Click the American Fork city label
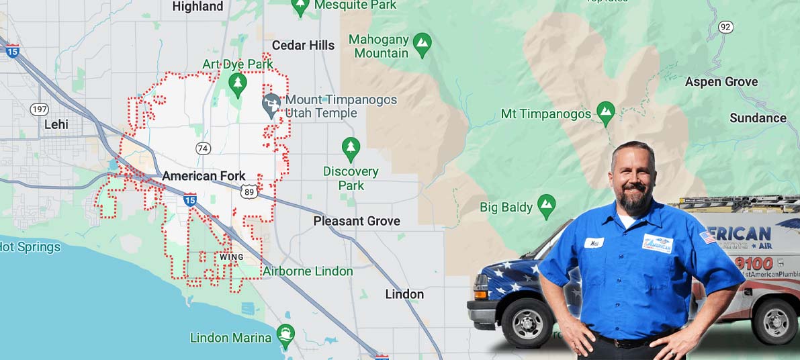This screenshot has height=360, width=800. (x=204, y=176)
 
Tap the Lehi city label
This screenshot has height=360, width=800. (x=56, y=124)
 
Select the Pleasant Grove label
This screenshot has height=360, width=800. (x=357, y=221)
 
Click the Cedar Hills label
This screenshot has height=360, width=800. (x=303, y=46)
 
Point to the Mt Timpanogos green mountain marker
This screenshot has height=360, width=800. (x=606, y=114)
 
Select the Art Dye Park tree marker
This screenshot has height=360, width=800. (x=237, y=84)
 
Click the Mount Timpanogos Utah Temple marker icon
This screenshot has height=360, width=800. (x=271, y=106)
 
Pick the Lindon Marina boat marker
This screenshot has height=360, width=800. (x=286, y=336)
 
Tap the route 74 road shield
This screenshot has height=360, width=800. (x=203, y=148)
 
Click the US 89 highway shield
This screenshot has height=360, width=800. (x=249, y=192)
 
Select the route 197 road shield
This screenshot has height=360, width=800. (x=40, y=109)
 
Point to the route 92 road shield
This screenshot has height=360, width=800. (x=725, y=27)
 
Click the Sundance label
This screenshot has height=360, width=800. (x=758, y=118)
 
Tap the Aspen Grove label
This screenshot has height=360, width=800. (x=721, y=82)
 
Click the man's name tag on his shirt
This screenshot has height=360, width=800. (x=593, y=242)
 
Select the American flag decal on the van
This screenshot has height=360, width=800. (x=707, y=238)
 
